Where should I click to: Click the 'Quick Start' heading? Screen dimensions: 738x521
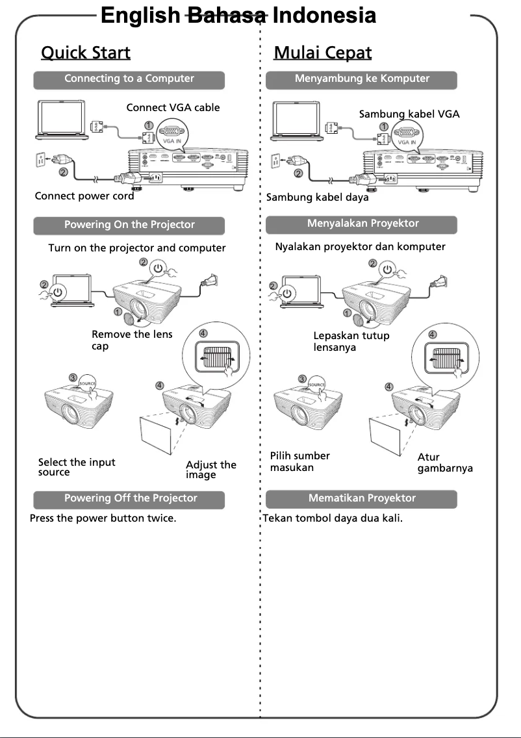pyautogui.click(x=86, y=53)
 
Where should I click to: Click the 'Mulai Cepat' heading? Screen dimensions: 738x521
pyautogui.click(x=323, y=53)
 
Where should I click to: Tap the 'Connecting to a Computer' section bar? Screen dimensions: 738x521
pyautogui.click(x=129, y=79)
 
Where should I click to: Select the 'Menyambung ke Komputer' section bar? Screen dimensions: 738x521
pyautogui.click(x=362, y=79)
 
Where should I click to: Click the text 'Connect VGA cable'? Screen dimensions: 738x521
pyautogui.click(x=173, y=108)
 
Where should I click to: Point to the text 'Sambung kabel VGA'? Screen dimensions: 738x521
pyautogui.click(x=409, y=114)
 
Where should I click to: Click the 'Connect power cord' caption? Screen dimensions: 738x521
pyautogui.click(x=84, y=196)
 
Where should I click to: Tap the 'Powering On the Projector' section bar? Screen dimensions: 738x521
pyautogui.click(x=129, y=225)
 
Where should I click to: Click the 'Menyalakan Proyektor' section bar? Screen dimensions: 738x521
pyautogui.click(x=362, y=224)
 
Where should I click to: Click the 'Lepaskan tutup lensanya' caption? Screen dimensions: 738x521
pyautogui.click(x=351, y=341)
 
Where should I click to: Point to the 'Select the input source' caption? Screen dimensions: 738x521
pyautogui.click(x=76, y=466)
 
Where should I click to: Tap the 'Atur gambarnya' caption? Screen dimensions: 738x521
pyautogui.click(x=444, y=463)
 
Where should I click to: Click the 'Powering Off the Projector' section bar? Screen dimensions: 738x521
pyautogui.click(x=130, y=499)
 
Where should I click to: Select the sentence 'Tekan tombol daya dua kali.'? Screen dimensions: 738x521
pyautogui.click(x=333, y=519)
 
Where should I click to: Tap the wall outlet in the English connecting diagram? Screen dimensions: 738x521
pyautogui.click(x=40, y=159)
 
